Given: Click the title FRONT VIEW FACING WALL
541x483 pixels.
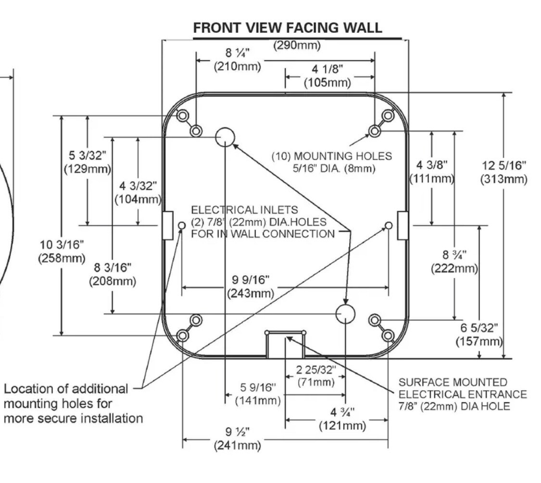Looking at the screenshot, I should point(288,28).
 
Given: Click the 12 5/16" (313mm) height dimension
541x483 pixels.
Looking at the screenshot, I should point(503,172).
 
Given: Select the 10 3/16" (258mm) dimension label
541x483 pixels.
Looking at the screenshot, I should point(61,251).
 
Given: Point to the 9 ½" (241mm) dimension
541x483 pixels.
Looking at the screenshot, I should point(238,438).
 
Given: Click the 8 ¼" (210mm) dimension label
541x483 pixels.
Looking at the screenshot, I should point(238,60).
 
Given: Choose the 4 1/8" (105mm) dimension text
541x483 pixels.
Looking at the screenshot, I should point(328,76).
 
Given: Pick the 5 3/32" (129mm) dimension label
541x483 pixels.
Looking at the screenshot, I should point(87,162).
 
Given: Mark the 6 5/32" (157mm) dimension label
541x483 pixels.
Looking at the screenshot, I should point(479,334).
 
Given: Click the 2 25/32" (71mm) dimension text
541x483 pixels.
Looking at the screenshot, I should point(315,376).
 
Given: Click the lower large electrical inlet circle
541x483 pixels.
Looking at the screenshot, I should point(345,314).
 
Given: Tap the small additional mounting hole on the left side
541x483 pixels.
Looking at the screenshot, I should point(182,225).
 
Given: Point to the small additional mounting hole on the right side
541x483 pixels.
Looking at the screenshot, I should point(389,225).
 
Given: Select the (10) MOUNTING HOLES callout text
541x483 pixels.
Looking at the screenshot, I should point(331,162).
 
